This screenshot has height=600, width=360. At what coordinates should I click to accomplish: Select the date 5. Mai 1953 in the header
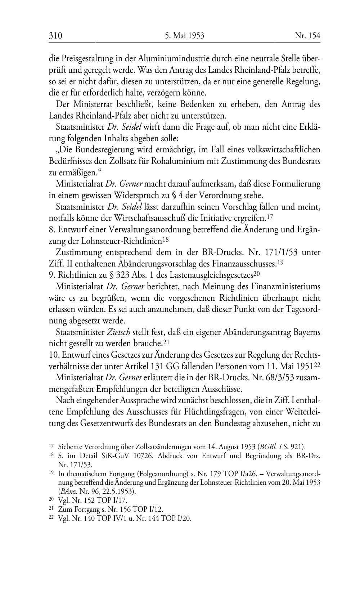pyautogui.click(x=185, y=36)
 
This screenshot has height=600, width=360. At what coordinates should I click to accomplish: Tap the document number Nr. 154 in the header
pyautogui.click(x=307, y=36)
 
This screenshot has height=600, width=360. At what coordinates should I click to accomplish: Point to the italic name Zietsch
pyautogui.click(x=118, y=332)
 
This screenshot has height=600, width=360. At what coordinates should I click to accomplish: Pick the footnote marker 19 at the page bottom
pyautogui.click(x=51, y=475)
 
